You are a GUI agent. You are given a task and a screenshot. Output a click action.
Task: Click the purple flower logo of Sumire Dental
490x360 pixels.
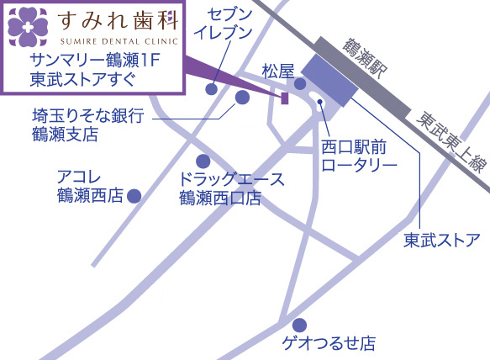tap(27, 26)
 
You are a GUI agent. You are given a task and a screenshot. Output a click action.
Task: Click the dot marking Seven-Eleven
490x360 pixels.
tap(213, 87)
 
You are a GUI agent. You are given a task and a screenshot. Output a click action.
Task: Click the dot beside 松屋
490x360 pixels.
tap(300, 83)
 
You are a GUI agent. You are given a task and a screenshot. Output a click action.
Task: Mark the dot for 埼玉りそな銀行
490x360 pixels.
tap(242, 98)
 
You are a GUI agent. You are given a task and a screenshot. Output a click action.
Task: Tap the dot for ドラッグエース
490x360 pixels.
tap(203, 161)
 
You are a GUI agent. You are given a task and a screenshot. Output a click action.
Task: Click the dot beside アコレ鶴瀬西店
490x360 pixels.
tap(133, 196)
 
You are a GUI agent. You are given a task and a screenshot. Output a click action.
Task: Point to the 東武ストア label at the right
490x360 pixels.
tap(441, 241)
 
